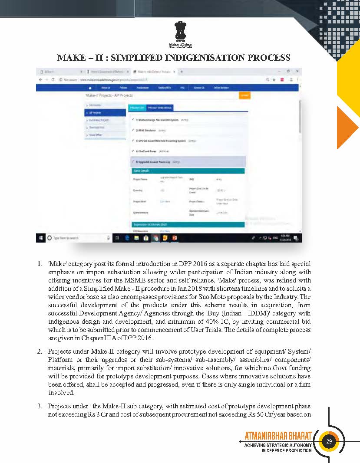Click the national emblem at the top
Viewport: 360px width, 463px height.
[180, 31]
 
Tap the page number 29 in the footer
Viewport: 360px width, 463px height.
[329, 442]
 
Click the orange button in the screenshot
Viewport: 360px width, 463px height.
[244, 95]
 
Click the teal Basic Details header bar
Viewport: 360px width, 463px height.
[188, 171]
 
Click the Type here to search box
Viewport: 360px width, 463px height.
[65, 238]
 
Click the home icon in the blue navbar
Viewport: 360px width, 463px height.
[90, 88]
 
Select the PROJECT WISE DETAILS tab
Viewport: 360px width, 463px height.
[159, 108]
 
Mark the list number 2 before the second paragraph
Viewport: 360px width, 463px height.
[39, 351]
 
